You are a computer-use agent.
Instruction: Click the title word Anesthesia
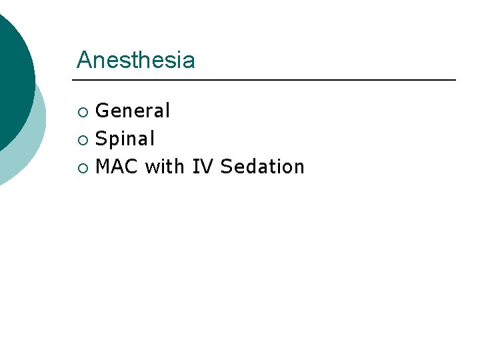(x=135, y=61)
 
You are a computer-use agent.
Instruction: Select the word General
(x=133, y=111)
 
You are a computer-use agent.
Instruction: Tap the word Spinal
(x=125, y=139)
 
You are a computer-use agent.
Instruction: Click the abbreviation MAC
(x=117, y=167)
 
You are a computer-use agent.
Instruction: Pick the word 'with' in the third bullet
(x=165, y=167)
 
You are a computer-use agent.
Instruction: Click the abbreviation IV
(x=203, y=167)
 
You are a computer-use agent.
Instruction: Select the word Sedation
(x=262, y=167)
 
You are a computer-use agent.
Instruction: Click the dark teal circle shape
(x=10, y=80)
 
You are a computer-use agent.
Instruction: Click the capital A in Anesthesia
(x=84, y=61)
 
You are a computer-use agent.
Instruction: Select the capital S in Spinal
(x=101, y=139)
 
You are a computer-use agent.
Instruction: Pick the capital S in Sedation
(x=226, y=167)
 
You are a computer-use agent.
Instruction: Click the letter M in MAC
(x=103, y=167)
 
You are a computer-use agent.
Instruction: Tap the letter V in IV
(x=207, y=167)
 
